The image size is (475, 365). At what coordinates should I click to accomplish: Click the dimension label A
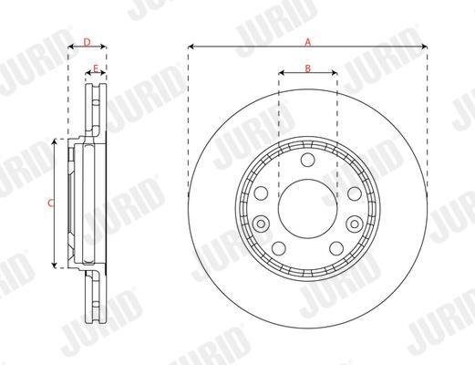pyautogui.click(x=308, y=42)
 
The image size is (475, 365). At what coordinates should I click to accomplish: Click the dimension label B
pyautogui.click(x=308, y=68)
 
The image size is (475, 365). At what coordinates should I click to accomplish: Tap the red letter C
pyautogui.click(x=51, y=203)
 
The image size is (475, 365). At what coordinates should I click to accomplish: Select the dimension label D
pyautogui.click(x=88, y=42)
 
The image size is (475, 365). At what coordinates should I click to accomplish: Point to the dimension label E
pyautogui.click(x=96, y=68)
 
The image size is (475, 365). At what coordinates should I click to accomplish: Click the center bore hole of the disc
pyautogui.click(x=307, y=209)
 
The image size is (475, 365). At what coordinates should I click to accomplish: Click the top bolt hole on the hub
pyautogui.click(x=307, y=160)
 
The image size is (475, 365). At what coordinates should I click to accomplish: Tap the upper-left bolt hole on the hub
pyautogui.click(x=261, y=193)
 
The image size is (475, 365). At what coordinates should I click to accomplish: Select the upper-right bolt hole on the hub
pyautogui.click(x=355, y=193)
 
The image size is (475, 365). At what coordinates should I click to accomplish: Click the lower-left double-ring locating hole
pyautogui.click(x=261, y=224)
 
